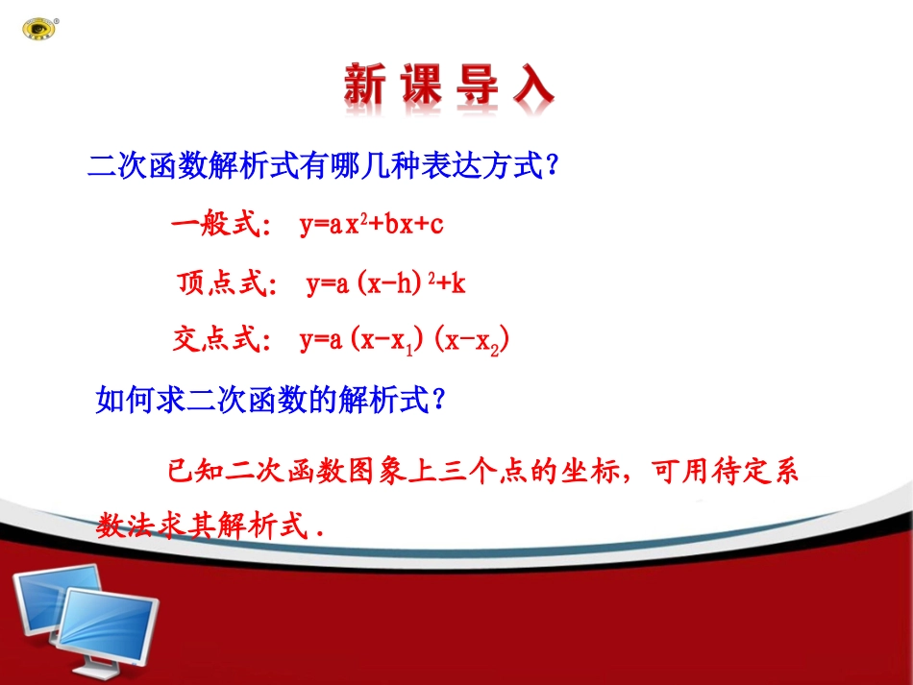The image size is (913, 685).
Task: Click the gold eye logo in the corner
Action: click(39, 29)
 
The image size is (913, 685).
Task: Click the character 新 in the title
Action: click(365, 85)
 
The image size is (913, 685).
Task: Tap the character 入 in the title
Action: click(533, 85)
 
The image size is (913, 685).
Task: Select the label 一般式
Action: click(216, 224)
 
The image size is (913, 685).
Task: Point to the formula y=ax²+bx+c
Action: click(372, 225)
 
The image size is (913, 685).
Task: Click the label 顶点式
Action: click(222, 283)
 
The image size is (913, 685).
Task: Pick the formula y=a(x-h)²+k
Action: click(386, 283)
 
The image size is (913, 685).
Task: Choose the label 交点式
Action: click(216, 339)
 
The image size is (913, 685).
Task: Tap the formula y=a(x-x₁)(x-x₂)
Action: click(404, 340)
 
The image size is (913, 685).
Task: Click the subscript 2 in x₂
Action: click(494, 351)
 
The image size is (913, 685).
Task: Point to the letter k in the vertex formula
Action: click(458, 283)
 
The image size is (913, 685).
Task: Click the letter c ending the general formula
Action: click(436, 225)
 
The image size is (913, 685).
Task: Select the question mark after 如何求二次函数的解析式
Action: click(439, 400)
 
